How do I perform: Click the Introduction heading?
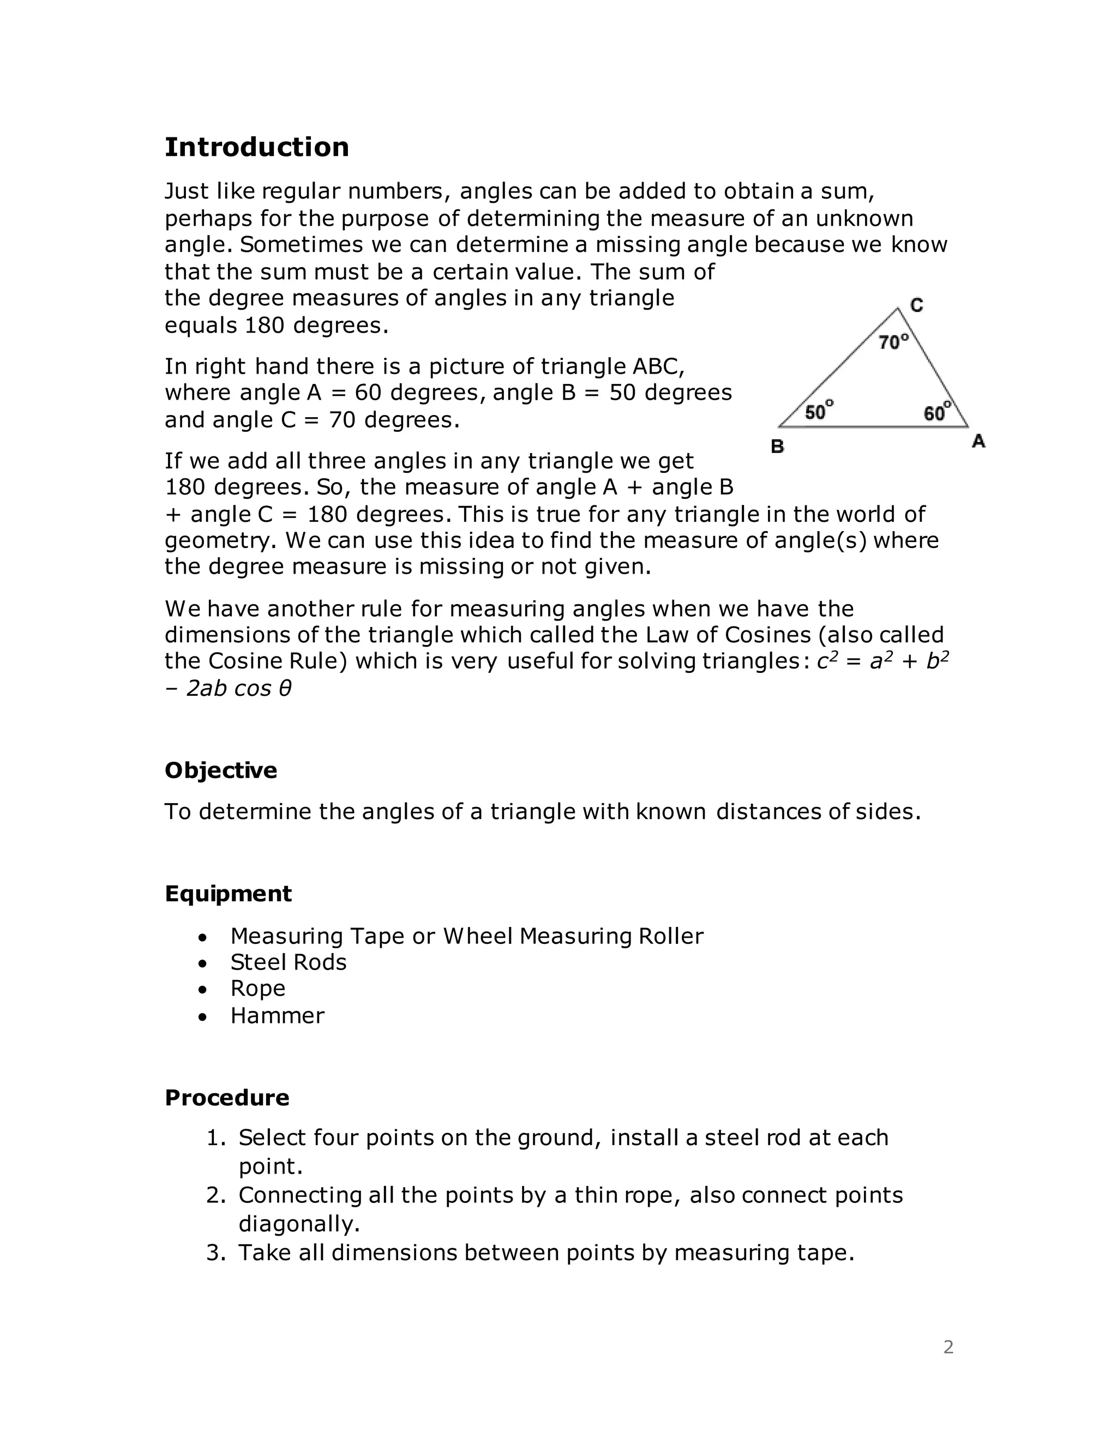256,147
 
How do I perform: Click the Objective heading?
220,770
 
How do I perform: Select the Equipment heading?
227,893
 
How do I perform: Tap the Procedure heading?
226,1097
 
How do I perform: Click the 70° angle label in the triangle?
893,342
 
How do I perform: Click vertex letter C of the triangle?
916,305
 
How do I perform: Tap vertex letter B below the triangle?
778,447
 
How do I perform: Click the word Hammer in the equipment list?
277,1016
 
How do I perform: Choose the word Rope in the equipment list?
257,989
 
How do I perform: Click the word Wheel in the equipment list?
478,936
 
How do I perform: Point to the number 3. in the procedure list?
217,1253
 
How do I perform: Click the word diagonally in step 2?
298,1224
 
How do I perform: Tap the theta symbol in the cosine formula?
285,688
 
